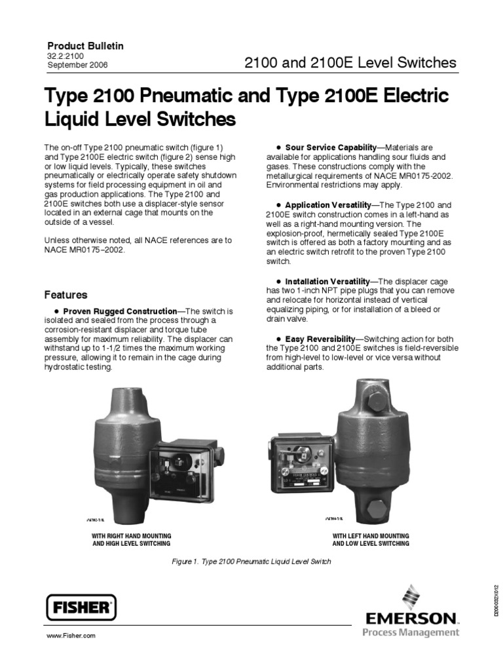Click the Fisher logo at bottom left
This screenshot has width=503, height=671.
[x=81, y=607]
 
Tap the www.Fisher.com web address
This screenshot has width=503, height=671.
[x=71, y=636]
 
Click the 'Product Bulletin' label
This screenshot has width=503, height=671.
[x=85, y=46]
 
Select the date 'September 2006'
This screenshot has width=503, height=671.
[x=77, y=65]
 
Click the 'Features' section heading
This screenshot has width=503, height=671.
[x=65, y=295]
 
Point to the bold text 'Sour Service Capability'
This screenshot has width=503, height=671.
[x=331, y=147]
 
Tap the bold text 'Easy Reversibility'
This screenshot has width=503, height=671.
[x=320, y=339]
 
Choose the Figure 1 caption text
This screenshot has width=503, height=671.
[x=251, y=562]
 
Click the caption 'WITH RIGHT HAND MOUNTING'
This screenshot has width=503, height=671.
[x=131, y=535]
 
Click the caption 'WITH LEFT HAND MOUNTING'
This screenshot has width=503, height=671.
[x=371, y=535]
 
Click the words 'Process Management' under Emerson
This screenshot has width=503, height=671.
[x=411, y=632]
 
